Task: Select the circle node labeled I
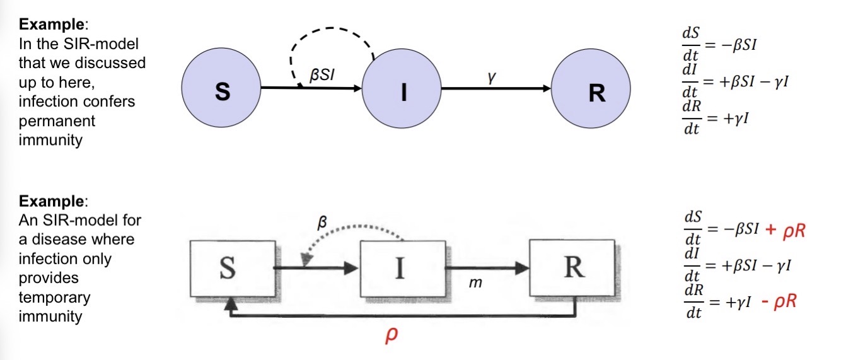click(x=403, y=93)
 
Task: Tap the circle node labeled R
click(x=591, y=93)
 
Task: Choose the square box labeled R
click(x=571, y=268)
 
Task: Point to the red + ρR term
click(x=786, y=231)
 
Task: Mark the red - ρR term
click(x=779, y=302)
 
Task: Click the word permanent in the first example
click(x=51, y=120)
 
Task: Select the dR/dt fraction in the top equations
click(x=693, y=118)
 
